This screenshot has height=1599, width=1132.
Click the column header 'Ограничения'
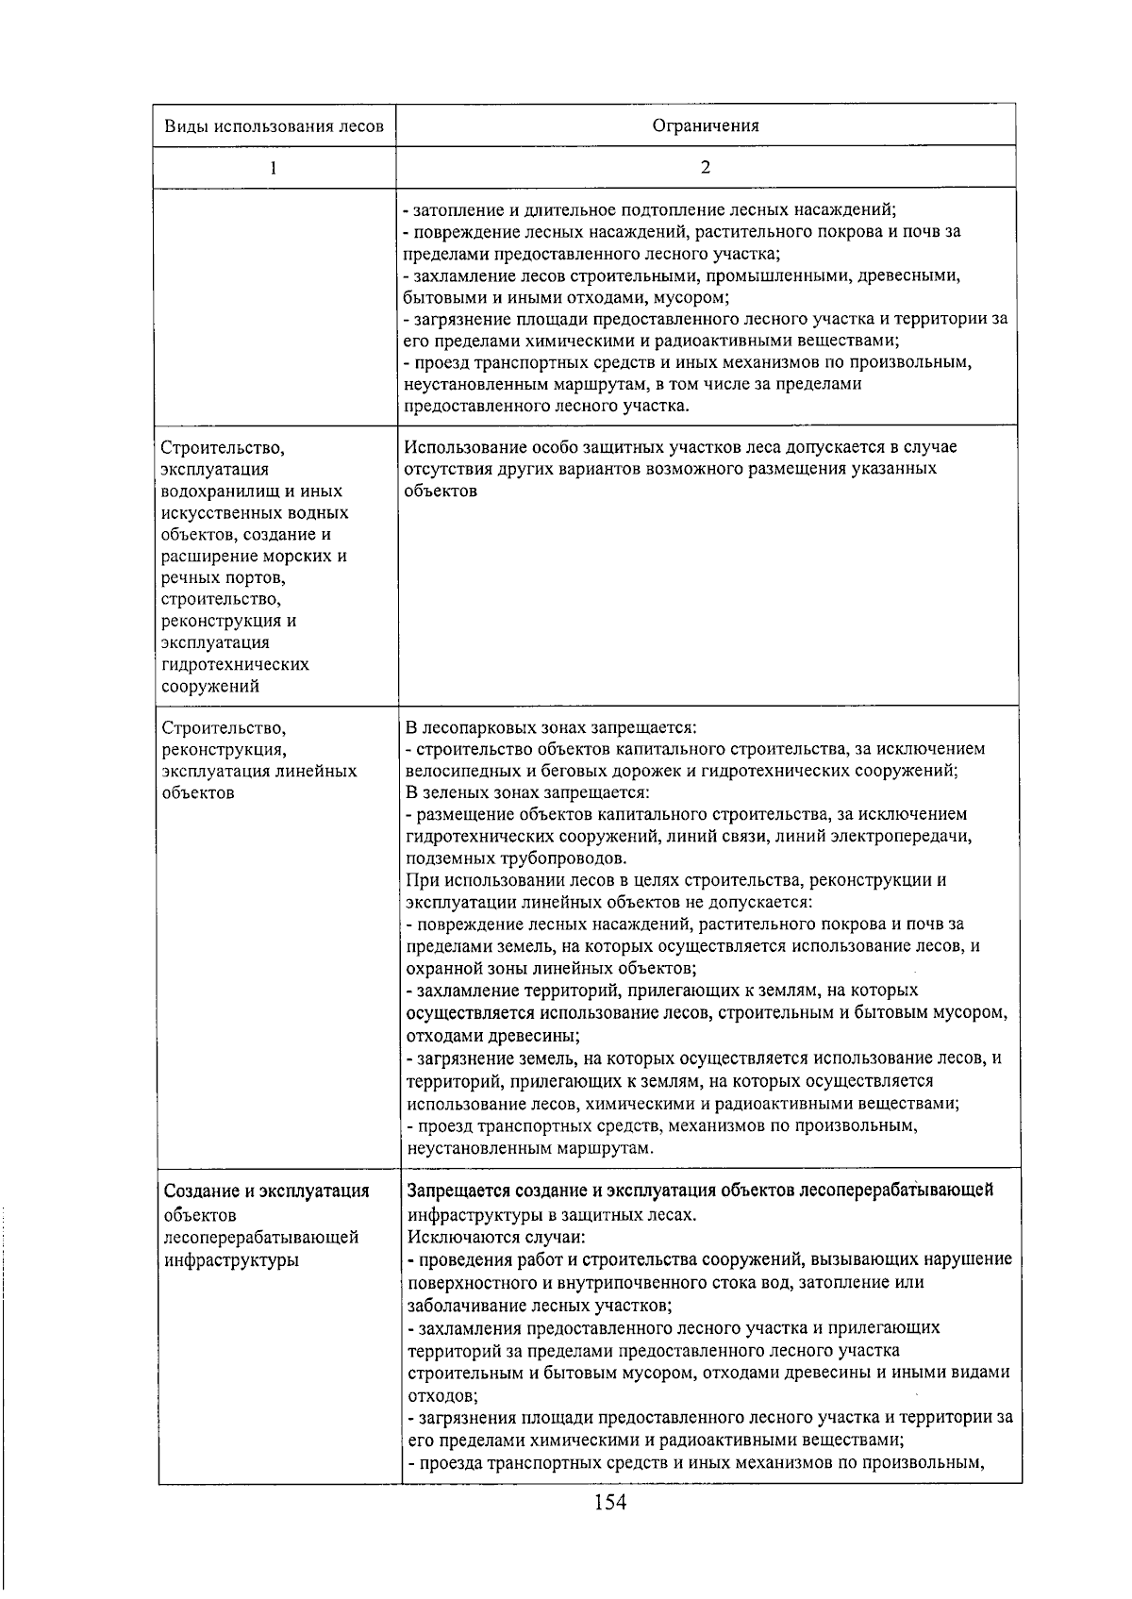706,125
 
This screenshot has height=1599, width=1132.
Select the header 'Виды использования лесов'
274,126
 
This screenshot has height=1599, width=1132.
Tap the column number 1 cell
274,168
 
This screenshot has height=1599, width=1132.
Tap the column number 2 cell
706,167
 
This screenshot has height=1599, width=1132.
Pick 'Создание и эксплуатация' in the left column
265,1191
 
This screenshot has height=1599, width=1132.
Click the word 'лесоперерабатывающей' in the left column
260,1237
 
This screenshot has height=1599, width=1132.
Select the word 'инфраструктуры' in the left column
230,1259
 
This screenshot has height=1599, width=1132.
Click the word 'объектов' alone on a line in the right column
441,491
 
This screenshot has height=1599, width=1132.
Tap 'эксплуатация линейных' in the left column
259,771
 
